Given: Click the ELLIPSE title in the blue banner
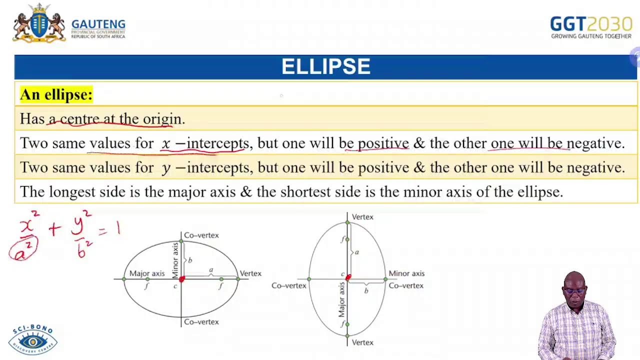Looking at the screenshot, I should click(x=325, y=67).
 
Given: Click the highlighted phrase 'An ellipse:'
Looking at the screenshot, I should click(x=56, y=94).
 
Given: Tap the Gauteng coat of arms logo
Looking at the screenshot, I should click(x=39, y=23).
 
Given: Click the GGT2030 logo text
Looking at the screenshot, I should click(x=590, y=24).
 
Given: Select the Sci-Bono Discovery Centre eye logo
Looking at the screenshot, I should click(x=33, y=341).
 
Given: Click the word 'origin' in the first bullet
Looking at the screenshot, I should click(x=162, y=119).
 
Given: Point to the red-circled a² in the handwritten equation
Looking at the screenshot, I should click(x=23, y=249).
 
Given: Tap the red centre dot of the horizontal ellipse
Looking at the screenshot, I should click(x=181, y=279).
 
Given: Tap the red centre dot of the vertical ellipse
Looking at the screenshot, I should click(x=348, y=277).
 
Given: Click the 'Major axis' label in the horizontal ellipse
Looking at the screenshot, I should click(x=146, y=273).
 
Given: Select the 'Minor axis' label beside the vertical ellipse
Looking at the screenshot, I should click(x=406, y=273).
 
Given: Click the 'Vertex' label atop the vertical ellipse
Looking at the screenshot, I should click(x=362, y=217).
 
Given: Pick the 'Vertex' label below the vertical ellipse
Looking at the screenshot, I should click(x=362, y=342).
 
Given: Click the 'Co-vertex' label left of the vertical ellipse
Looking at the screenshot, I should click(x=288, y=285).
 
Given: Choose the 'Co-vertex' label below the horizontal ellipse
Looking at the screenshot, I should click(x=201, y=322).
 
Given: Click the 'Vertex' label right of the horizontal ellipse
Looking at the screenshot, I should click(x=250, y=273).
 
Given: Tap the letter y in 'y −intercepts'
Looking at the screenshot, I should click(x=166, y=168).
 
